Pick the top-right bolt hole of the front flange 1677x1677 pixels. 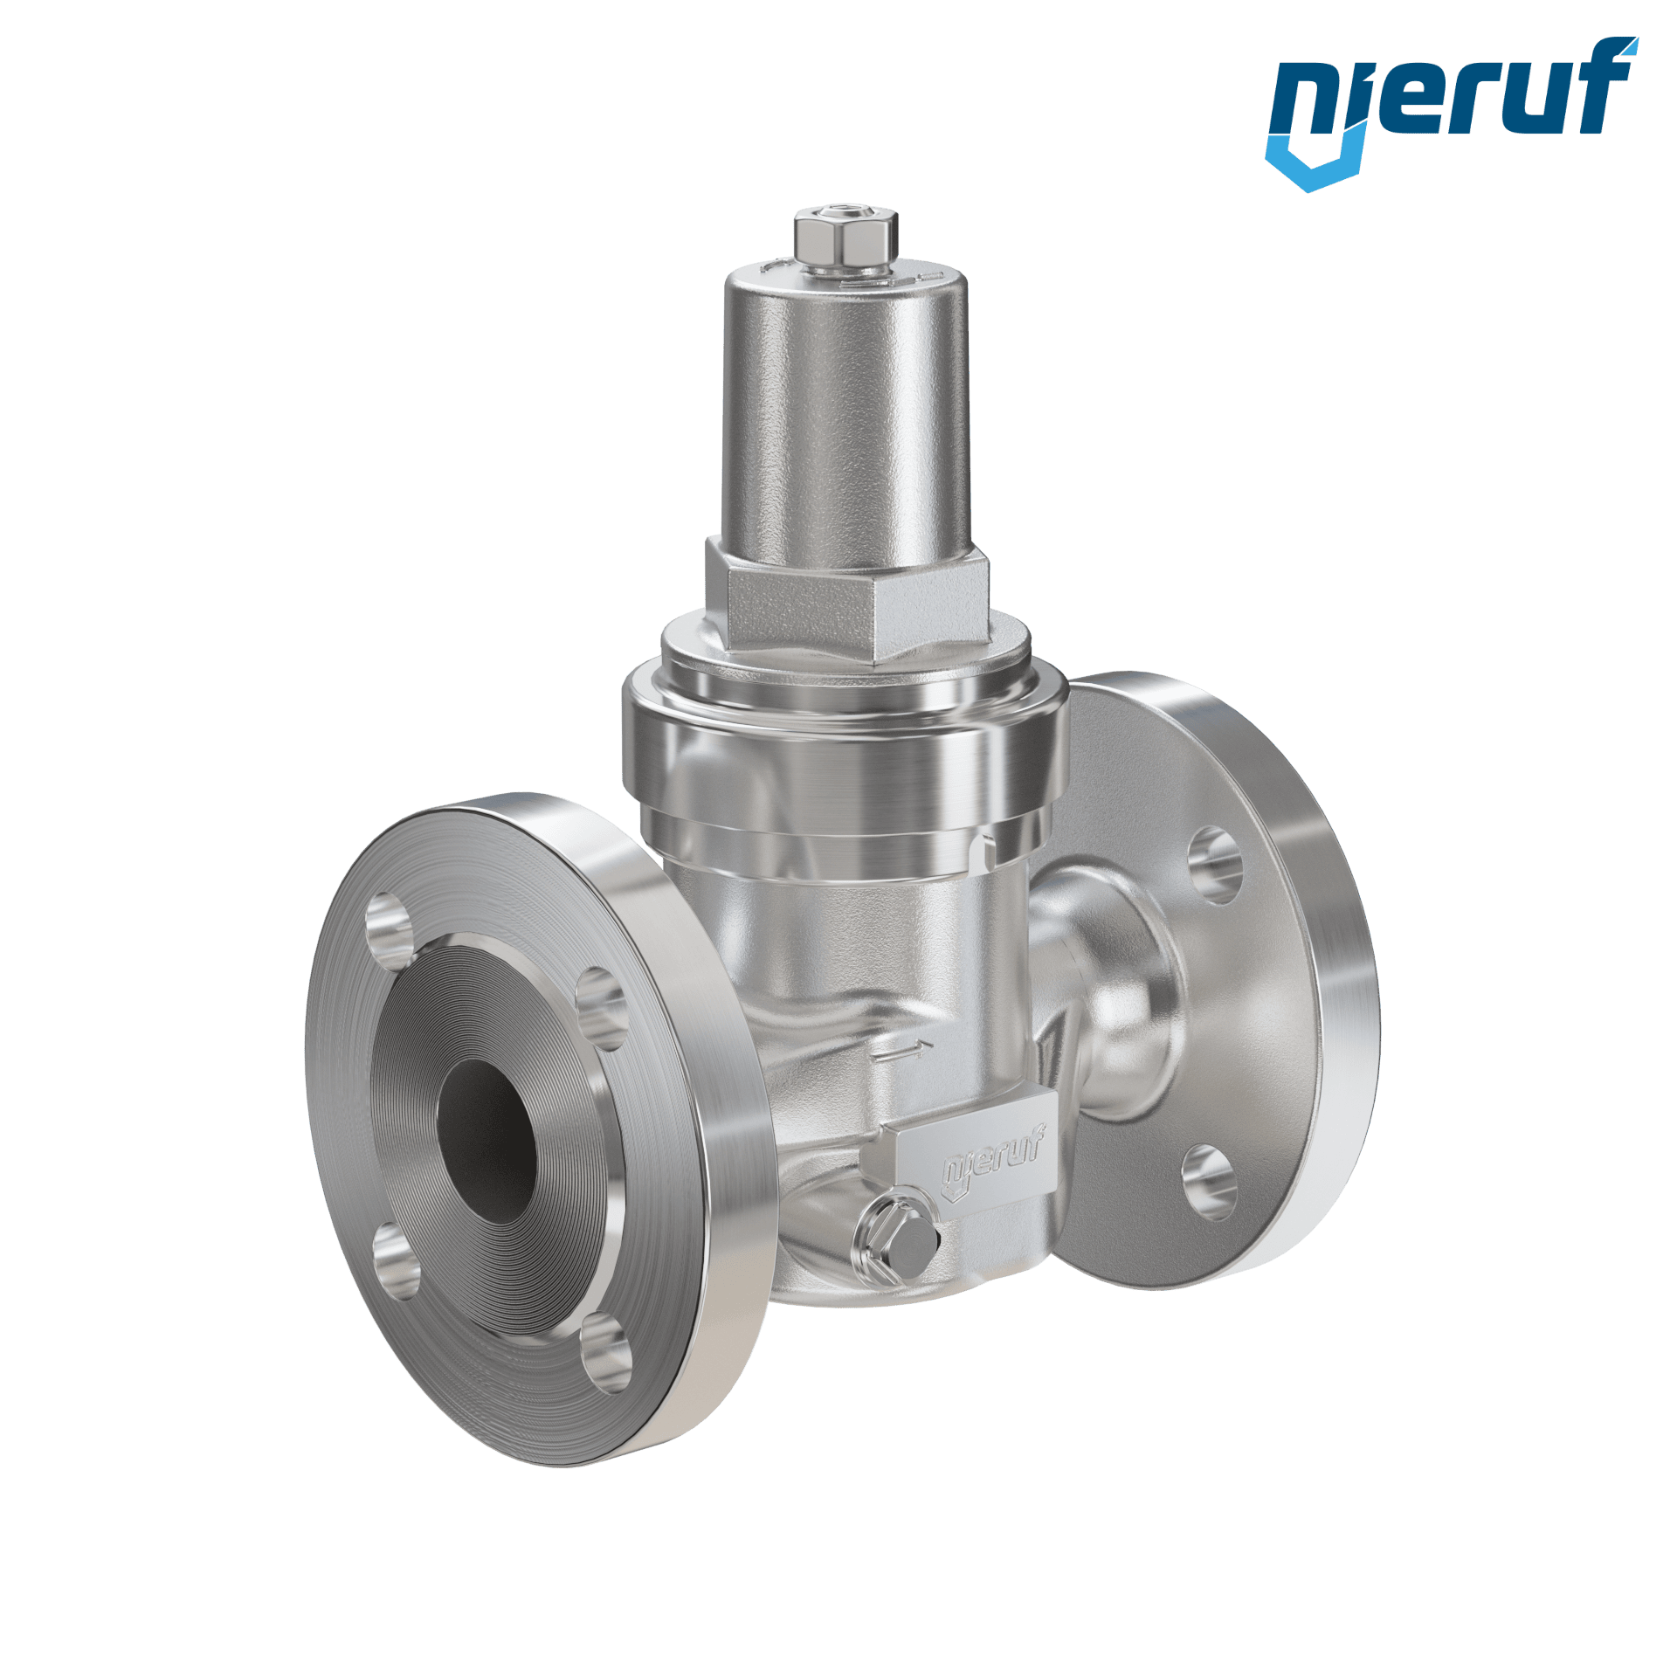point(604,1008)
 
